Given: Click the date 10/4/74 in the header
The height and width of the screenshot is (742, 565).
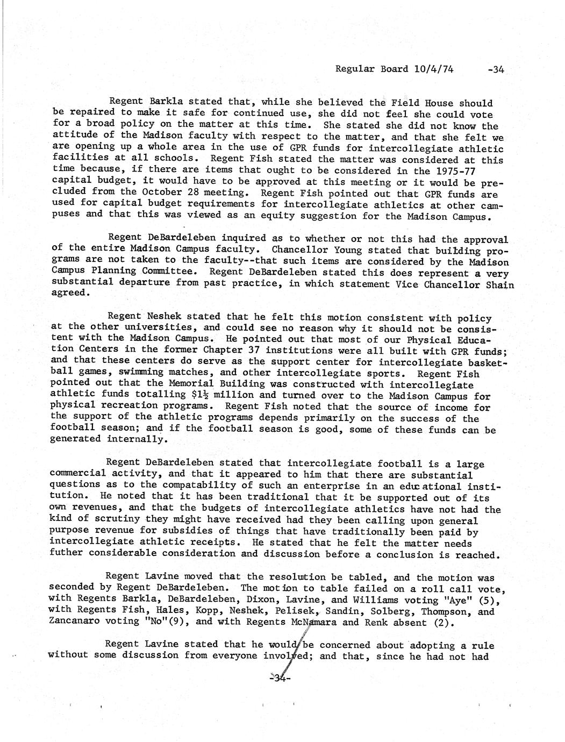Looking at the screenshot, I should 434,69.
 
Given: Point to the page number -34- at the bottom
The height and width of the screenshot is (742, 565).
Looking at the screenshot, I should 281,679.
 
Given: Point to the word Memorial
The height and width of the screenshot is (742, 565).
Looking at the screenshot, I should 180,384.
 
